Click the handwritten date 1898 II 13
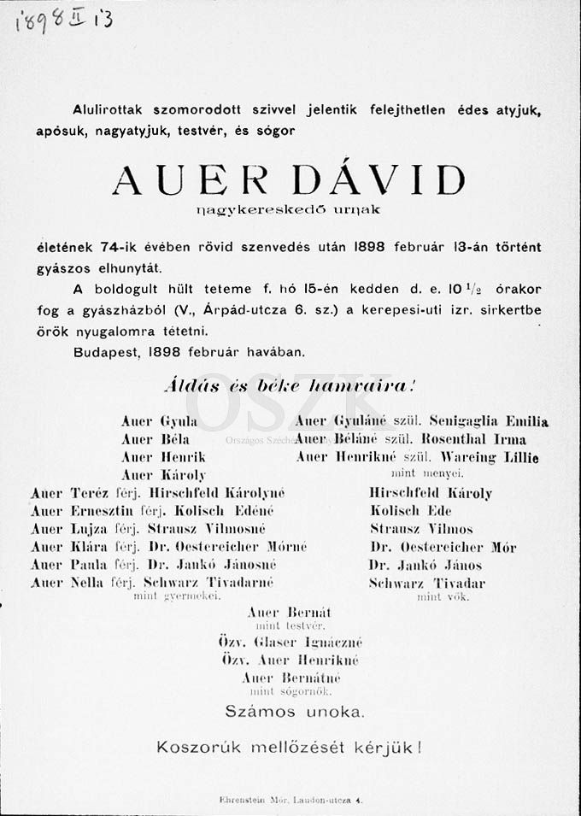pos(64,21)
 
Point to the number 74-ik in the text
pos(120,247)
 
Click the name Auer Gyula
pos(159,421)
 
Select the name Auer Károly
pos(163,474)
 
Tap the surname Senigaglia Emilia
pos(489,421)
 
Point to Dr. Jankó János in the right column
pos(425,565)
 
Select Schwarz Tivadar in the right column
pos(426,584)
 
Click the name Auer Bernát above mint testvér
pos(288,613)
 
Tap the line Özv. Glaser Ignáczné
pos(290,643)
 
